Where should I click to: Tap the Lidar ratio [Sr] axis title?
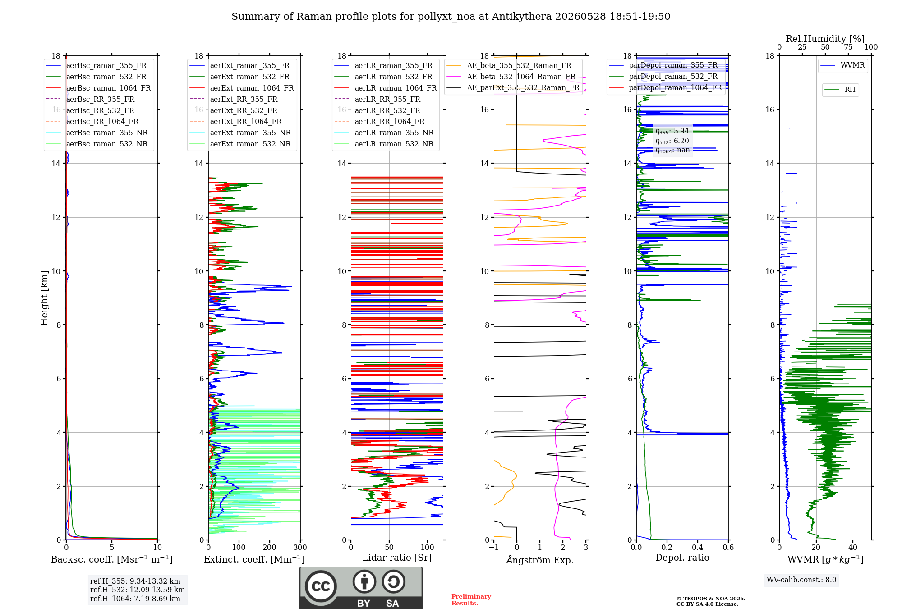click(397, 558)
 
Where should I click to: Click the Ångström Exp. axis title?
click(540, 560)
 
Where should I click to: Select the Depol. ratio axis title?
click(682, 558)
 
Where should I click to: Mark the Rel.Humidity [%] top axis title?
click(825, 39)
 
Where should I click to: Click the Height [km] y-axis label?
click(44, 298)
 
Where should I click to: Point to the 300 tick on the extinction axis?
click(300, 548)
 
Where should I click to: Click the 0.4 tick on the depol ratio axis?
click(698, 548)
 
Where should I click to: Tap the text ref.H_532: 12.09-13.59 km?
click(138, 590)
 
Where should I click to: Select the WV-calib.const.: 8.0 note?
click(801, 580)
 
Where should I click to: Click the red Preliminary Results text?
click(471, 600)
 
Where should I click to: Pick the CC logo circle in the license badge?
click(321, 586)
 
